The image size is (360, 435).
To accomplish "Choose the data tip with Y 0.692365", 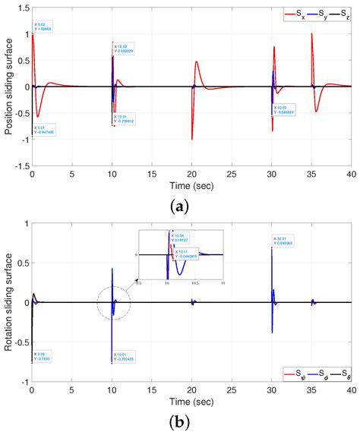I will pos(286,241).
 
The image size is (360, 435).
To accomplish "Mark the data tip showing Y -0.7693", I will pos(44,356).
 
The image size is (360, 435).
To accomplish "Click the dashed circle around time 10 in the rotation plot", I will pos(114,303).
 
